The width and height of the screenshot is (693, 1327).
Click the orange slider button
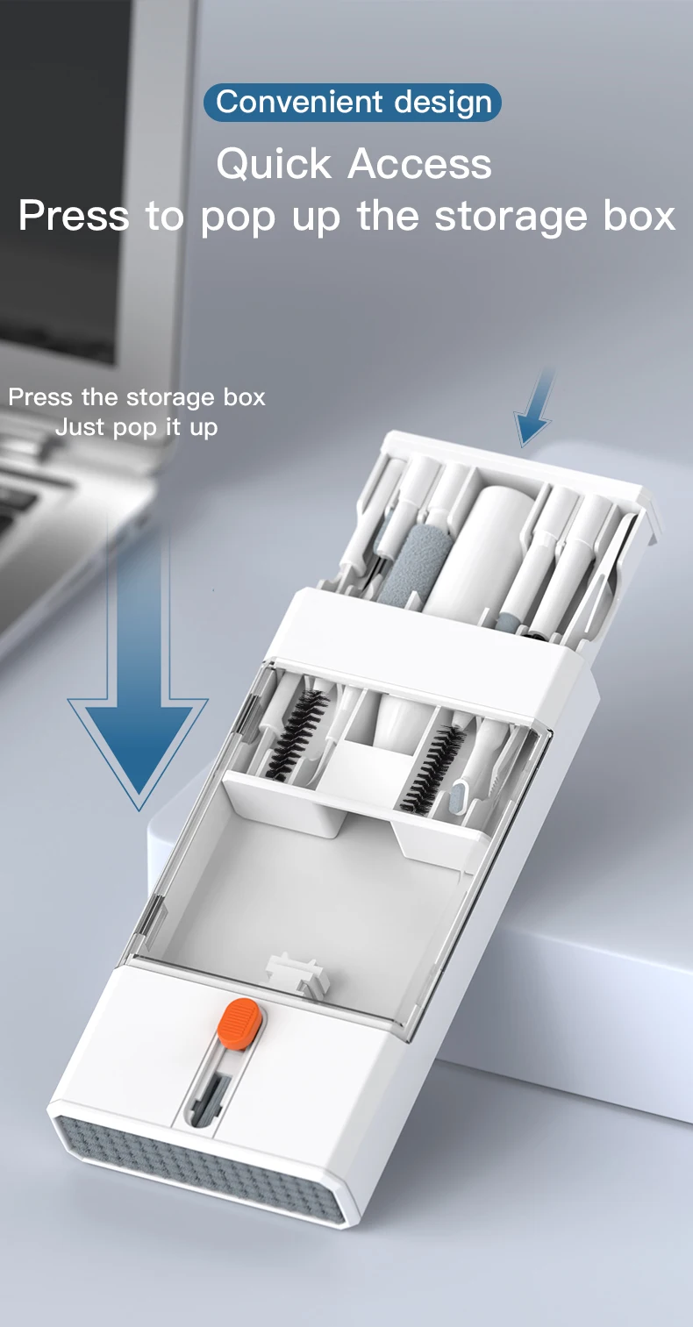(239, 1024)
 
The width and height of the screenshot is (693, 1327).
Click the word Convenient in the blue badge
(299, 102)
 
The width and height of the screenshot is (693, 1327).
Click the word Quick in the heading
(274, 164)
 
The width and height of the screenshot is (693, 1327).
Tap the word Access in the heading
(420, 164)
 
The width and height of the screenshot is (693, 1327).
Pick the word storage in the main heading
(511, 218)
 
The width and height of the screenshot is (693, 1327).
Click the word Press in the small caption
(40, 397)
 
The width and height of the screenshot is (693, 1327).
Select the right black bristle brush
(432, 769)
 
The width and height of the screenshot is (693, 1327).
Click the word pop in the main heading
(238, 220)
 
